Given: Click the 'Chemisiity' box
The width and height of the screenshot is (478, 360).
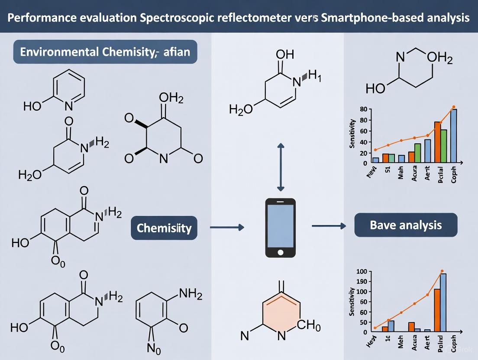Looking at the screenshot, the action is [x=164, y=228].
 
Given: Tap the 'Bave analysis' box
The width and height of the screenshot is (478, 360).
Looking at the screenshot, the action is [x=406, y=225].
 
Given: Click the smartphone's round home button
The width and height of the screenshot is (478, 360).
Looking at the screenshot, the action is [x=280, y=252].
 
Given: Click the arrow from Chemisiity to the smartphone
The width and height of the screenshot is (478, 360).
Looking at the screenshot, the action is [x=226, y=226].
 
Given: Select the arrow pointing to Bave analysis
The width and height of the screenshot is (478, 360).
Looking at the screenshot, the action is [x=329, y=225].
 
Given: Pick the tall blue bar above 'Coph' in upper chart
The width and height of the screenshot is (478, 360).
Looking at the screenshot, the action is [x=454, y=136].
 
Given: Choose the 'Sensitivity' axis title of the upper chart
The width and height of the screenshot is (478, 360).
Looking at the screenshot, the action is [x=352, y=134].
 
